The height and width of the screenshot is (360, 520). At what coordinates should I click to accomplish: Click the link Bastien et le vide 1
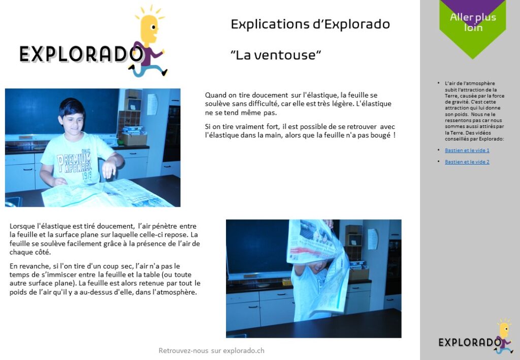coord(467,150)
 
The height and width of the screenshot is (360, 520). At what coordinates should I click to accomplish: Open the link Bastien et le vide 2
coord(467,162)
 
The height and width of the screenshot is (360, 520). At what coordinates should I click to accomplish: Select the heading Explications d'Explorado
coord(310,24)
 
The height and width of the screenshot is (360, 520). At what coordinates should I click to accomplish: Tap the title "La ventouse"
coord(276,55)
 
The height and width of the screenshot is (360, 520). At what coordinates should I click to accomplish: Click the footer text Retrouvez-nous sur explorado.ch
coord(211,350)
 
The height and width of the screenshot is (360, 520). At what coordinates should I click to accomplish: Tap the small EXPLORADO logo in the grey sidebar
coord(470,342)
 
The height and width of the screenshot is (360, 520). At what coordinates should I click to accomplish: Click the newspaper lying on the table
coord(106,193)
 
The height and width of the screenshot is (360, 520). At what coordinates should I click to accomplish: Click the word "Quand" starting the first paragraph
coord(215,95)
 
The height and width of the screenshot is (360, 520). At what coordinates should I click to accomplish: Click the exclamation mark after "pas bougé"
coord(394,135)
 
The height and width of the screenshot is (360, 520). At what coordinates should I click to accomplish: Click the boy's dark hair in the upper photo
coord(71,107)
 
